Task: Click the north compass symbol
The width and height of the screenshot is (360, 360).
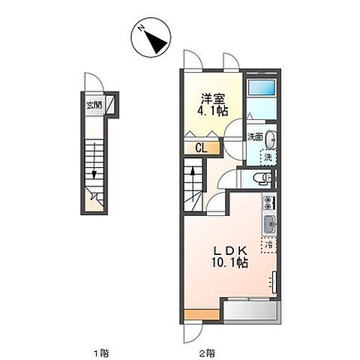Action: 151,37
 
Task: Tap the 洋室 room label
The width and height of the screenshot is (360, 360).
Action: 213,99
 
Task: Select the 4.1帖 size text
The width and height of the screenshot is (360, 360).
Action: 213,111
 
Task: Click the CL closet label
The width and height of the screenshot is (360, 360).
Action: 202,148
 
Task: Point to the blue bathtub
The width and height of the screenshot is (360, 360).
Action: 261,88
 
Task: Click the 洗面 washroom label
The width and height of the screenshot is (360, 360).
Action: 255,137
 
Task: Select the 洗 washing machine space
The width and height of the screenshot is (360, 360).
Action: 268,157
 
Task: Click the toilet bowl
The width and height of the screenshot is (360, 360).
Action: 261,178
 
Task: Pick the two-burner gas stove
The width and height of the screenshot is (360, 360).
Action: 269,203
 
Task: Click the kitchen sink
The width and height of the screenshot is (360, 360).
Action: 269,224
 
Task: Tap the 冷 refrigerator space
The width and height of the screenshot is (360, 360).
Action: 269,245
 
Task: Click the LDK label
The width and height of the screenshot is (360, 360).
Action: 230,250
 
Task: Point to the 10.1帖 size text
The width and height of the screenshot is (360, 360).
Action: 229,262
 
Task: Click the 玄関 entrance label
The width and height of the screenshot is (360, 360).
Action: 94,105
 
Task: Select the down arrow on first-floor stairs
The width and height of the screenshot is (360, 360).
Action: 94,160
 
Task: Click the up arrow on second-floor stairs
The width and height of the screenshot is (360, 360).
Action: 193,184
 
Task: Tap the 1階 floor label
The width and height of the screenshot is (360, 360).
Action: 101,353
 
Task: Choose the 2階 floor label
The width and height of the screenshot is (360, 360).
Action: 207,353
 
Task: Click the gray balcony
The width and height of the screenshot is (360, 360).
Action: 251,311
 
